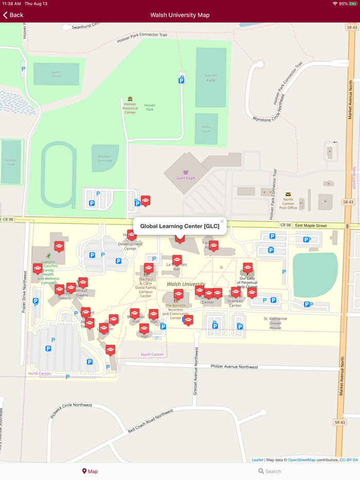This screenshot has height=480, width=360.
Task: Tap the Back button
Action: pos(13,15)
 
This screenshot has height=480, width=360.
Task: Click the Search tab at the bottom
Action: pos(269,471)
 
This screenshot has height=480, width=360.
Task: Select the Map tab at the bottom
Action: pos(89,471)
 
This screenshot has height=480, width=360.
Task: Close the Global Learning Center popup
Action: pos(222,221)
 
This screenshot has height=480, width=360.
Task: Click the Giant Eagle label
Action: pos(186,178)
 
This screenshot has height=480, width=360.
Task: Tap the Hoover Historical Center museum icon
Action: pos(130,99)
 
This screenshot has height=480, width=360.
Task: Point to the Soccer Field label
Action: pos(211,78)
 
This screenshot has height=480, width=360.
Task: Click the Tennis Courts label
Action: pos(206,129)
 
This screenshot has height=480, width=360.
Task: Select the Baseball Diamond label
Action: pos(105,158)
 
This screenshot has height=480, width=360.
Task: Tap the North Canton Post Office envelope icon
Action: pos(288,194)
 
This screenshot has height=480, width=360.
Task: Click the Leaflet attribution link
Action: pos(257,460)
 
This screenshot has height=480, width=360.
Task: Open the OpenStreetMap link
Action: pos(301,460)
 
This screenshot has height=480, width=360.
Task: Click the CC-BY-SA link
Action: pos(349,460)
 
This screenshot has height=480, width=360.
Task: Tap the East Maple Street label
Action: pos(311,226)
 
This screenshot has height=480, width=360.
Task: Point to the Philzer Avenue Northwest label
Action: pos(235,366)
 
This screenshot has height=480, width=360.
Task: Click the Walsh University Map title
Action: pos(180,15)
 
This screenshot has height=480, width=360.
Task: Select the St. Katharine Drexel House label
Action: pos(275,323)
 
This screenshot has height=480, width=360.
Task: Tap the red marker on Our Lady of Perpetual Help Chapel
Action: pos(247,268)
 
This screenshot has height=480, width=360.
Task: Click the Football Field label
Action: pos(11,161)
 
